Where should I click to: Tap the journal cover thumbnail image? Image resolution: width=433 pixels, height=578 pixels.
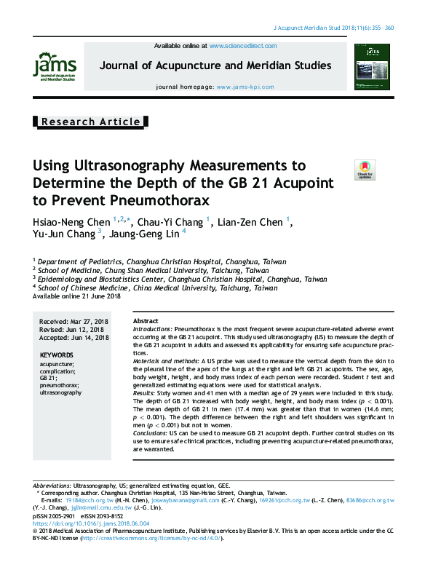[x=372, y=66]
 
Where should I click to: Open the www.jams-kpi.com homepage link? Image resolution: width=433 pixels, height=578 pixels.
[x=245, y=87]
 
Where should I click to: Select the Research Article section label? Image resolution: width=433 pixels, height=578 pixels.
[x=91, y=122]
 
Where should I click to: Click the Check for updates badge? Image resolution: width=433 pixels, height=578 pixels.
[x=364, y=170]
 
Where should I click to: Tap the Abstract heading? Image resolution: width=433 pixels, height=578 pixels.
[x=146, y=321]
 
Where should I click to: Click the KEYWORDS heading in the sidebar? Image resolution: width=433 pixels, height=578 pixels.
[x=56, y=355]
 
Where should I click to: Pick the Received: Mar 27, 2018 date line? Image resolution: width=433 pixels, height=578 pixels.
[x=74, y=321]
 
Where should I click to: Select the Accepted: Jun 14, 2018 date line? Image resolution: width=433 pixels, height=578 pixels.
[x=74, y=338]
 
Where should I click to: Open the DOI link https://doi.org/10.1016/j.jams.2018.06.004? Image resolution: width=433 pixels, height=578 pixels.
[x=91, y=523]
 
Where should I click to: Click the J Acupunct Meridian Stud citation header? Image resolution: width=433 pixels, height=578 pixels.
[x=333, y=28]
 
